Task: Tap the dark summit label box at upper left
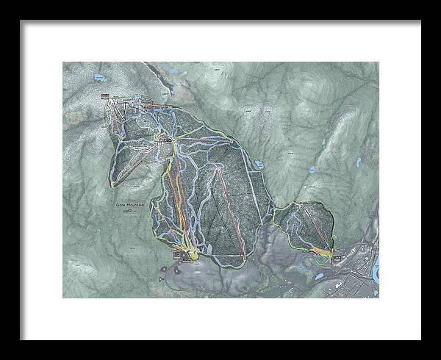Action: tap(106, 96)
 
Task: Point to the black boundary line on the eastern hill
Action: tap(338, 220)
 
